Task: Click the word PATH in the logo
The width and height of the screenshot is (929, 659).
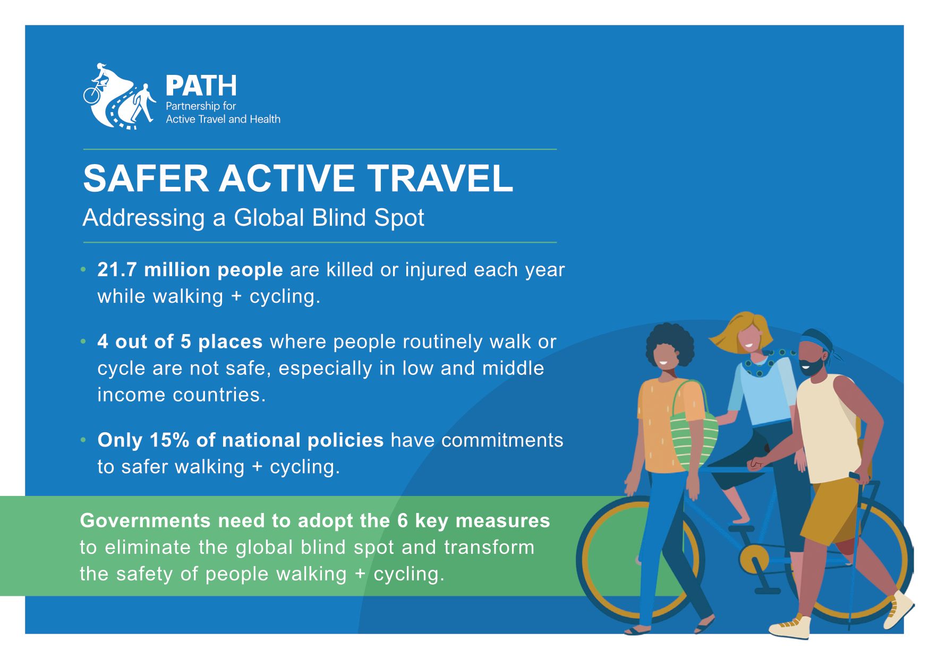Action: [x=201, y=85]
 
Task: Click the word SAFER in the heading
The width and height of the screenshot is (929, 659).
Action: [x=146, y=178]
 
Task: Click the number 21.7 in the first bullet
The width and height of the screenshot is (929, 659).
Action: [x=117, y=270]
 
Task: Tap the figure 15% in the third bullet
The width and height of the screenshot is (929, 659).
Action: [x=169, y=440]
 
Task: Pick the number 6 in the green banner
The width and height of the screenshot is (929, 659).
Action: [x=403, y=521]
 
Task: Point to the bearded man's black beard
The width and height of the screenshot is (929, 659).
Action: [x=812, y=367]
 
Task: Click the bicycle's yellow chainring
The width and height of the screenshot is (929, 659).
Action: [x=754, y=559]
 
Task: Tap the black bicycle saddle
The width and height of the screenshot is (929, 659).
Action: [x=741, y=528]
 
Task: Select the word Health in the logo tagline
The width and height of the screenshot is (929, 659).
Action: [x=265, y=119]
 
